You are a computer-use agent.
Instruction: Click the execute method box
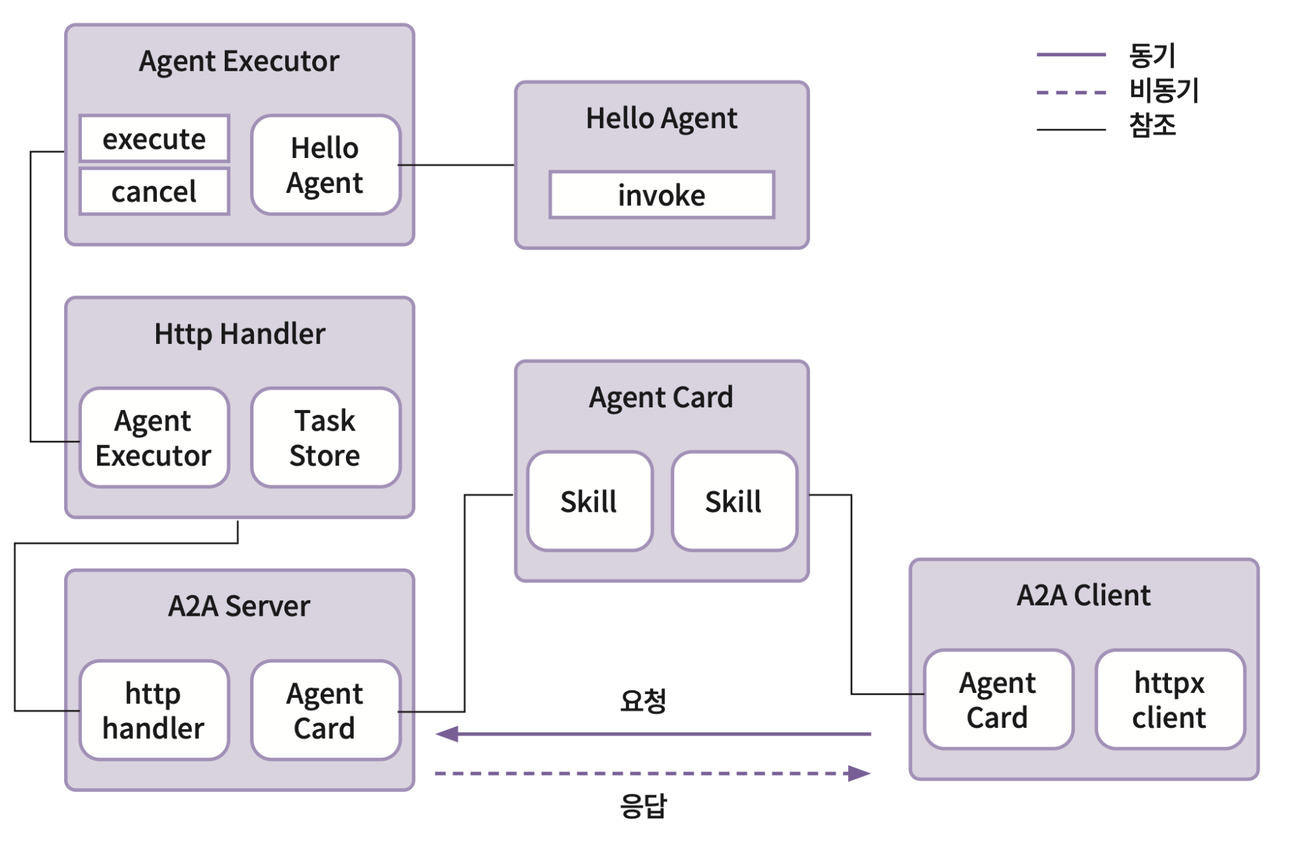[x=154, y=139]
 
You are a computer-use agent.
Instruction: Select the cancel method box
[x=154, y=192]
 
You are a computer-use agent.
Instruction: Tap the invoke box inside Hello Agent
[x=661, y=195]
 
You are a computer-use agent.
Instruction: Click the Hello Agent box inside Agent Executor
[x=325, y=165]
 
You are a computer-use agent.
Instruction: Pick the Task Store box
[x=325, y=438]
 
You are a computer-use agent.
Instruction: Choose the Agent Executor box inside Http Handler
[x=154, y=438]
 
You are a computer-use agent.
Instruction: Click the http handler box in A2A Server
[x=154, y=710]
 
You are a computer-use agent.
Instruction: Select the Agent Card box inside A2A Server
[x=325, y=710]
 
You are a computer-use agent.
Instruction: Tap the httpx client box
[x=1170, y=699]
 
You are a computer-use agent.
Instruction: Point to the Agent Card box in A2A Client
[x=998, y=699]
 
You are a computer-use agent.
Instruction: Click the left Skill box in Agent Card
[x=590, y=501]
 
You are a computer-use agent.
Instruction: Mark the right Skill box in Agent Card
[x=734, y=501]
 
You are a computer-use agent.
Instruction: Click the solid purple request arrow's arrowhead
[x=447, y=734]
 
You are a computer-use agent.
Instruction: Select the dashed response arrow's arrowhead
[x=860, y=773]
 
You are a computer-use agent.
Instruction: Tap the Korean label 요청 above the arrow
[x=643, y=700]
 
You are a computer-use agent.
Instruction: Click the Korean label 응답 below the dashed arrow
[x=643, y=806]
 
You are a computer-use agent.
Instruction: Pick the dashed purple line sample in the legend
[x=1071, y=92]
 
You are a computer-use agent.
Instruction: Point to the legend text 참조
[x=1152, y=125]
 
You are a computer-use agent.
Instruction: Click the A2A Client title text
[x=1083, y=595]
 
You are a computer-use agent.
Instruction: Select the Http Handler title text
[x=240, y=333]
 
